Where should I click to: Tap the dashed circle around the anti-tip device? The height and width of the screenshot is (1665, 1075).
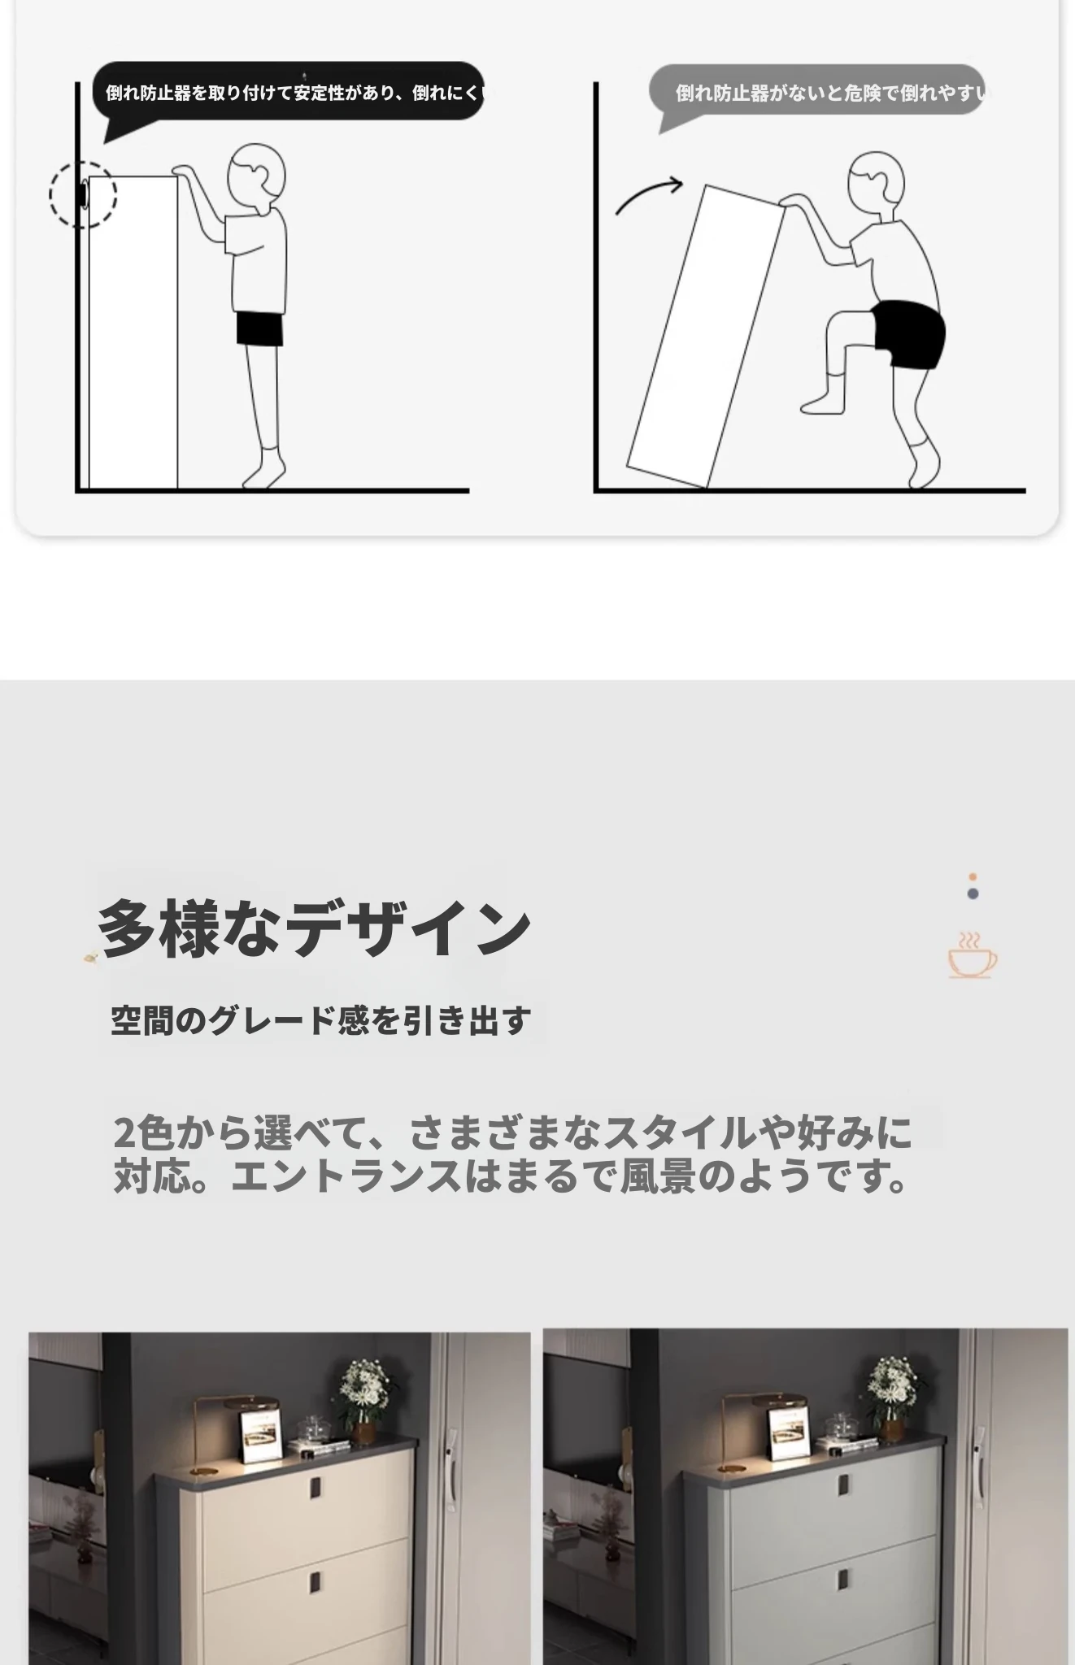pos(83,194)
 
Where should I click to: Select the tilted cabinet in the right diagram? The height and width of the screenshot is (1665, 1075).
pos(706,337)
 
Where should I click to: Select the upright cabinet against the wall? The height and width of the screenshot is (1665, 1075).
pos(133,332)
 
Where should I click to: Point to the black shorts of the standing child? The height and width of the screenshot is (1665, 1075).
pos(259,328)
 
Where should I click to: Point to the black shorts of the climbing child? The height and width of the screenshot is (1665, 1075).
pos(909,333)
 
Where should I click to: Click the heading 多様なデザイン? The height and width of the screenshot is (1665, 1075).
pos(314,928)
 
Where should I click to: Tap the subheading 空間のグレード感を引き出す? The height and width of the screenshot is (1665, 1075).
pos(321,1020)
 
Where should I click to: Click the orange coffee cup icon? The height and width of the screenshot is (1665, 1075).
pos(973,955)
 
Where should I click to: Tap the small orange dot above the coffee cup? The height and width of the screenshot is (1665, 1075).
pos(973,877)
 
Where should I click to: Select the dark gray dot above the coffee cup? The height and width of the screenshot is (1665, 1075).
pos(973,893)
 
